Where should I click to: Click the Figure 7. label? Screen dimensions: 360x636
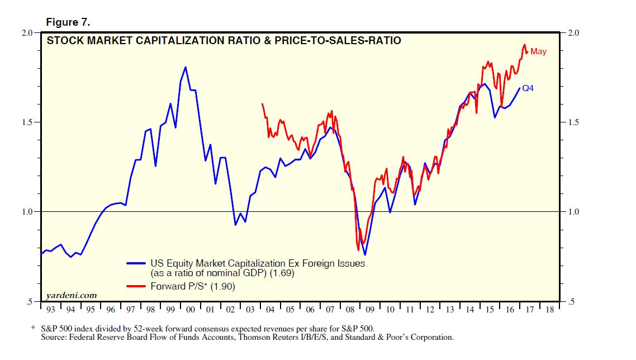pos(68,22)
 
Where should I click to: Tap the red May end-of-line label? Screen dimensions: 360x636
pos(538,51)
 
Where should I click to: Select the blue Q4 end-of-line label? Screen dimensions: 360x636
pos(528,88)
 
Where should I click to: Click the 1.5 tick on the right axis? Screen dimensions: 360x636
pos(573,122)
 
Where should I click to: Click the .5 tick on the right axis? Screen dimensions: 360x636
pos(572,302)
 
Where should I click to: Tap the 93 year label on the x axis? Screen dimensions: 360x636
pos(50,309)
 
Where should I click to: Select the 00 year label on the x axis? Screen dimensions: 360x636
pos(190,309)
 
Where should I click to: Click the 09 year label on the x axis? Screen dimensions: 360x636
pos(369,309)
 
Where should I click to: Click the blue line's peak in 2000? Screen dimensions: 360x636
pos(186,67)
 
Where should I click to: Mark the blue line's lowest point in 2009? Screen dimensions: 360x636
pos(365,255)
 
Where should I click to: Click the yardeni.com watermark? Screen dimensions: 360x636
pos(71,295)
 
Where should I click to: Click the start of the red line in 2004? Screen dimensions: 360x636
pos(262,104)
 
